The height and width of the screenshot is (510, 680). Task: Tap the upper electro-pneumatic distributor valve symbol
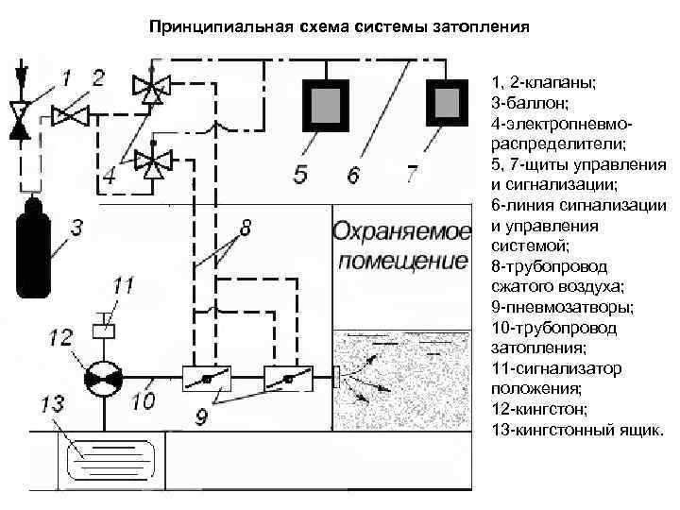tap(148, 90)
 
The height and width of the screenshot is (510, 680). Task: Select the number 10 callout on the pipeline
tap(143, 401)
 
